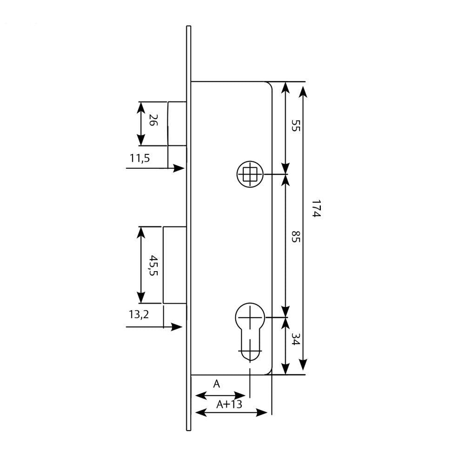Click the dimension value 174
pos(316,208)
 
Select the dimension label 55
pos(296,125)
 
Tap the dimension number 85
pos(296,236)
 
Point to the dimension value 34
pos(296,339)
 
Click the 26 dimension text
pos(153,120)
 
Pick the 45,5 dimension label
pos(153,265)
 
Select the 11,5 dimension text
pos(139,158)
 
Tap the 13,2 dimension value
pos(139,314)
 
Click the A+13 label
pos(229,404)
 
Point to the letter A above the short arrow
pos(217,384)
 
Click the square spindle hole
pos(250,174)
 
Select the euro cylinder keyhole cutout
pos(250,332)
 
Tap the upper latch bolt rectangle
pos(177,124)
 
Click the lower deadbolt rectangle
pos(175,265)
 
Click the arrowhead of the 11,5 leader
pos(179,168)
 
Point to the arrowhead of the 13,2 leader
pos(177,327)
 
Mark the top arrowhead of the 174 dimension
pos(303,91)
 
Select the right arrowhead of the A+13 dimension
pos(261,412)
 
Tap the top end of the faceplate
pos(189,26)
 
